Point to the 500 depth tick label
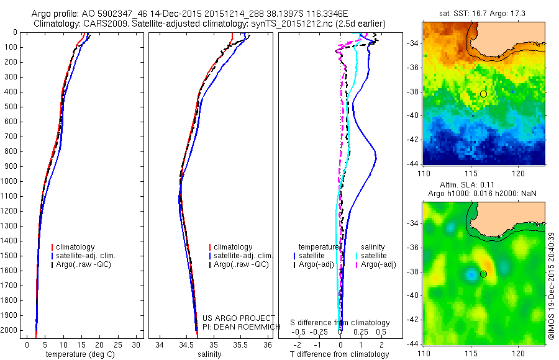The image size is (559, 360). [x=12, y=107]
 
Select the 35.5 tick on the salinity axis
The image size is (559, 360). [x=240, y=344]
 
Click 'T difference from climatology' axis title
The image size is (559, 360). [x=340, y=354]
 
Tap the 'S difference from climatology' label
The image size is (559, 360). [x=340, y=323]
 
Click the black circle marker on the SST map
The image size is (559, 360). [x=483, y=94]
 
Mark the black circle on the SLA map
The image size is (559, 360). [x=483, y=274]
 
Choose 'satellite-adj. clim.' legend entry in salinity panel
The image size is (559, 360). [x=243, y=256]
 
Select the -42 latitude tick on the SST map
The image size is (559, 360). [x=413, y=140]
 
